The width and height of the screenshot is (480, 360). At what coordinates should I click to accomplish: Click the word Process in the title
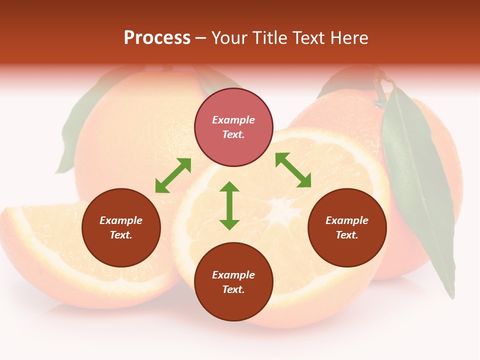coord(157,38)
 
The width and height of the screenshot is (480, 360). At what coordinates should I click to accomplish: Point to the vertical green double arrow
coord(229,205)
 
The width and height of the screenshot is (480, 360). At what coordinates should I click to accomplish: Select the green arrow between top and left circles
coord(173,175)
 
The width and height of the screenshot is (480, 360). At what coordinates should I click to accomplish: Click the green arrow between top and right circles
coord(293,170)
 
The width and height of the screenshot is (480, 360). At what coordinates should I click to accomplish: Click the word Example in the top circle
coord(233,120)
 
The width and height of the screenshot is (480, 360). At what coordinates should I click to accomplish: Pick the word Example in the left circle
coord(121,220)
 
